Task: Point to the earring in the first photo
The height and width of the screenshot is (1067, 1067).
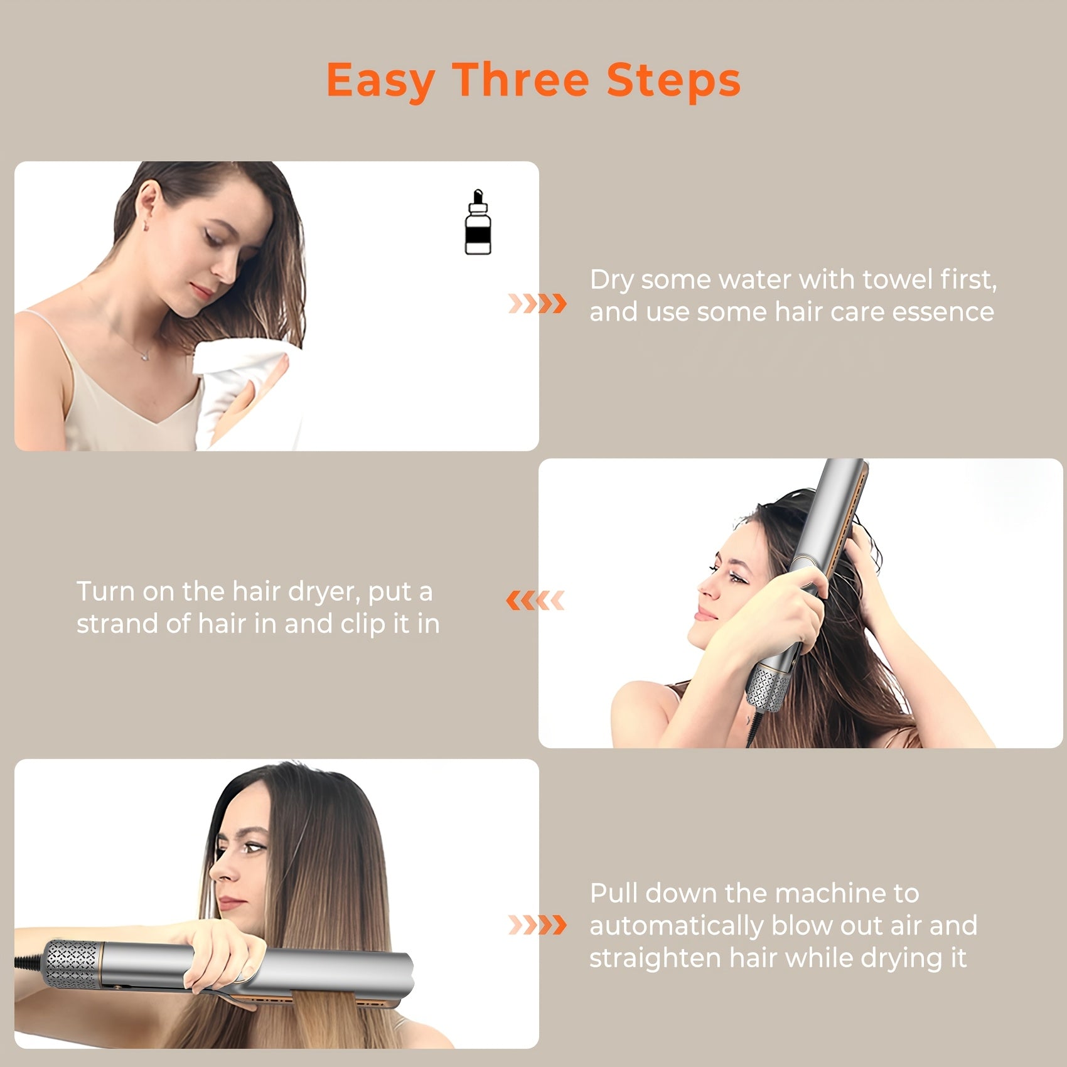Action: [147, 224]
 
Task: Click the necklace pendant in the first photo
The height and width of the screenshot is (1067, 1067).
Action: [146, 355]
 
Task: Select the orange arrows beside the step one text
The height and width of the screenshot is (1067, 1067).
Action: [537, 304]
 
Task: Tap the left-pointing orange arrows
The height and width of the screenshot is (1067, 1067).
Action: [535, 601]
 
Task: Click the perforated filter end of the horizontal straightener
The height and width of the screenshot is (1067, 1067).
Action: [71, 965]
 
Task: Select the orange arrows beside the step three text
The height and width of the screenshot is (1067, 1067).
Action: [537, 925]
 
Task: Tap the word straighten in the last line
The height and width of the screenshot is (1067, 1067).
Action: [655, 958]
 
